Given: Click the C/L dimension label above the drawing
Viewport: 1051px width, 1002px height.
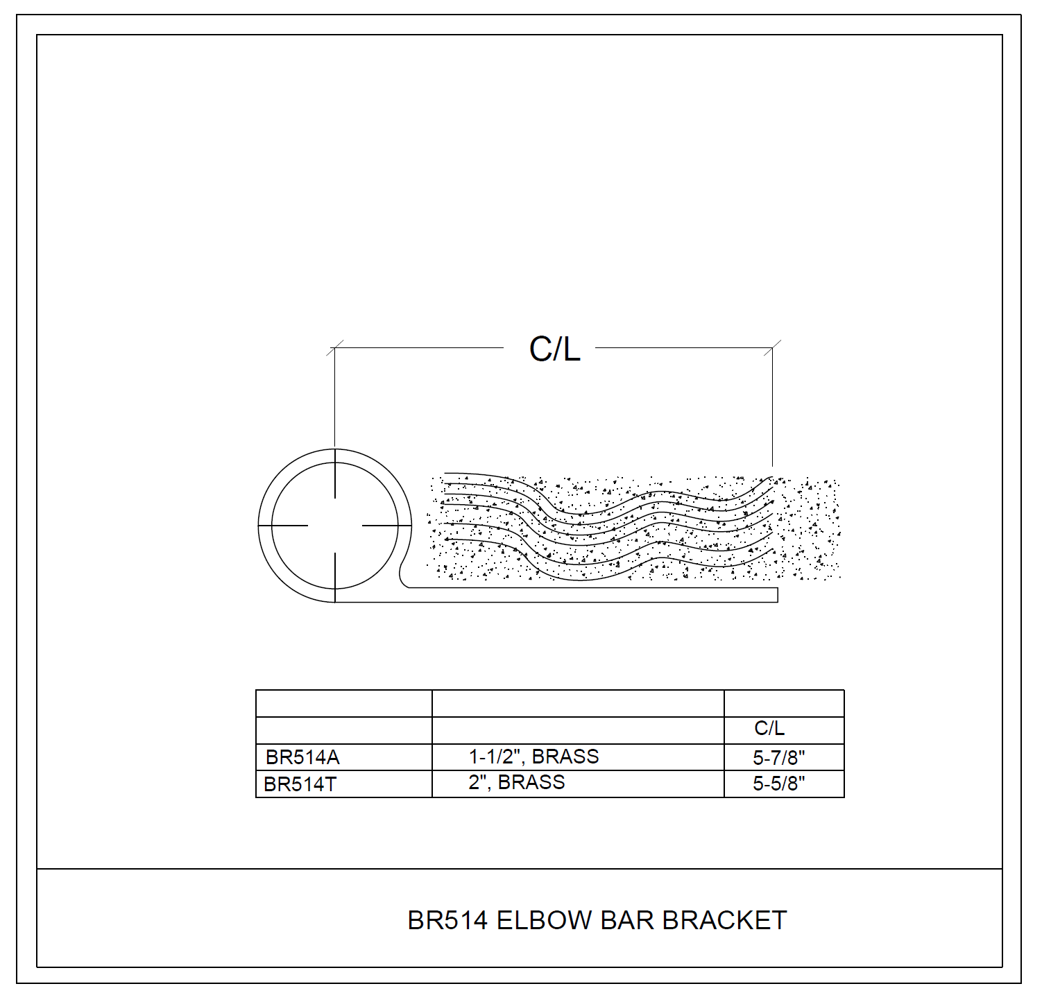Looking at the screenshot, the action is (x=554, y=349).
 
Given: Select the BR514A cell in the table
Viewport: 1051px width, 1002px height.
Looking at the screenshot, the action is (x=302, y=757).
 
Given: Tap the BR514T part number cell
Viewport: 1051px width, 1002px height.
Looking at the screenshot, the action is (x=300, y=784).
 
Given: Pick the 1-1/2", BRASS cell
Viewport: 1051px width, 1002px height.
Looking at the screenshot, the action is (x=533, y=757).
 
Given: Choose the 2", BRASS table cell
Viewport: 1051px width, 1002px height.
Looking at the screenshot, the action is (x=516, y=782).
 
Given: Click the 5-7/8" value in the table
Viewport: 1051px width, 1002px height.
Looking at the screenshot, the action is (x=779, y=757).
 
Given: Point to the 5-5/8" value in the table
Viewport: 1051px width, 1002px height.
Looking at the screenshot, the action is (x=779, y=784).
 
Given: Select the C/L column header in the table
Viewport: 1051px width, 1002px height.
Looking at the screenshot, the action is (x=769, y=728).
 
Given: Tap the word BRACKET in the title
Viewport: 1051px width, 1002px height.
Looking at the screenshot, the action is (x=724, y=920).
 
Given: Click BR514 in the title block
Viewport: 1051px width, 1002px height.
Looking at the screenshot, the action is (x=448, y=920).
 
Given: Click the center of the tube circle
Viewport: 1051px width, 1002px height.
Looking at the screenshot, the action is (x=335, y=526).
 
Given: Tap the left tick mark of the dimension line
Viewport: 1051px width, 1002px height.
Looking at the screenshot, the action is (x=335, y=347).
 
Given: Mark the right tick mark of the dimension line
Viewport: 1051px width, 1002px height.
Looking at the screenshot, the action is (x=773, y=347).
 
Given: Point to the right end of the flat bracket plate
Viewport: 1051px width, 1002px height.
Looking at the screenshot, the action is (x=778, y=595).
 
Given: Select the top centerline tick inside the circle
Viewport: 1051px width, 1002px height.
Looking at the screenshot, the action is (x=335, y=474).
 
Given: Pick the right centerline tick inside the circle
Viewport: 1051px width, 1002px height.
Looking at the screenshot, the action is (x=387, y=526).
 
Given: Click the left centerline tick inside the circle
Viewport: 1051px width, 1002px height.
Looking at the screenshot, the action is (x=283, y=526).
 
